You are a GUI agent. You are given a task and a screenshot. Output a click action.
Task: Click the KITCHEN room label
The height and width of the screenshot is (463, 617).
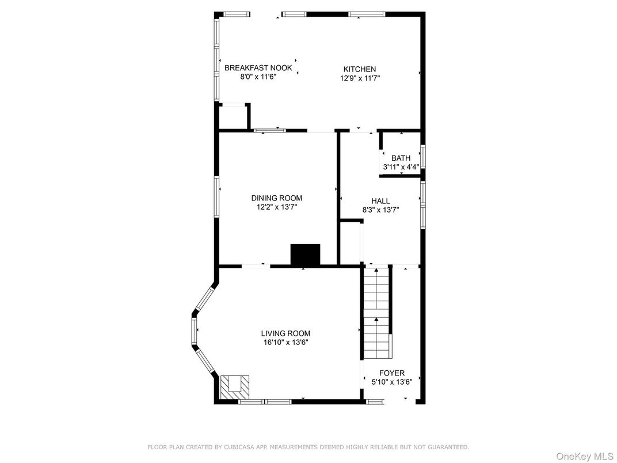click(x=360, y=69)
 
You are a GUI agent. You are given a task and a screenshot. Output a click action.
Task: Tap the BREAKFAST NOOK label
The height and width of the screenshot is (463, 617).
click(x=258, y=67)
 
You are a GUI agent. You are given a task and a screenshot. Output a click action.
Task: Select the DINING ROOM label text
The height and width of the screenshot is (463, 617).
click(x=276, y=198)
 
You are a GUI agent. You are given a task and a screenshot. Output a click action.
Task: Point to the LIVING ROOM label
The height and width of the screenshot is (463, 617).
click(x=285, y=333)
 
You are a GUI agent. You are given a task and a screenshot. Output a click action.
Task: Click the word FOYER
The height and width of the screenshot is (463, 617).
click(x=391, y=373)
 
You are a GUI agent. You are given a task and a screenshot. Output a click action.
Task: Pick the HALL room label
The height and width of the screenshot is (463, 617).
click(x=380, y=201)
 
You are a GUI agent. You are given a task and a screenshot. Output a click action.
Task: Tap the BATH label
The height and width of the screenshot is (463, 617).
click(x=401, y=158)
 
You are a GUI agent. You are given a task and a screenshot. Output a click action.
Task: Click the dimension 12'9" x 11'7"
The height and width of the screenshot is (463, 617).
click(x=360, y=78)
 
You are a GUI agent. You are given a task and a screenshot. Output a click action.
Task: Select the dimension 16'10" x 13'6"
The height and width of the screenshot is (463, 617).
click(x=285, y=342)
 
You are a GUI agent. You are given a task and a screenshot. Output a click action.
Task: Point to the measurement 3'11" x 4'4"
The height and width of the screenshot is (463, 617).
click(x=401, y=167)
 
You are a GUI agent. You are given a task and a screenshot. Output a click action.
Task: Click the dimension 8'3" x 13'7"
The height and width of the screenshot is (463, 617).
click(x=380, y=210)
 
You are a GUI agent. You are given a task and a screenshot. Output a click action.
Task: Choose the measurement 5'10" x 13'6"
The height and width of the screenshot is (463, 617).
click(x=391, y=381)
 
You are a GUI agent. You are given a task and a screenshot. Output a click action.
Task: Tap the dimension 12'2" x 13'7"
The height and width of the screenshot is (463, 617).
click(x=276, y=206)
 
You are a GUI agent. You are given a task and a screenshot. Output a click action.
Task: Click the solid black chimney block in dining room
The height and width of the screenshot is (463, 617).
click(x=305, y=255)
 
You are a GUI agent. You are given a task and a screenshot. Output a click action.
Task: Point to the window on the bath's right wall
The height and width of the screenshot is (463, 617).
click(x=422, y=157)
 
